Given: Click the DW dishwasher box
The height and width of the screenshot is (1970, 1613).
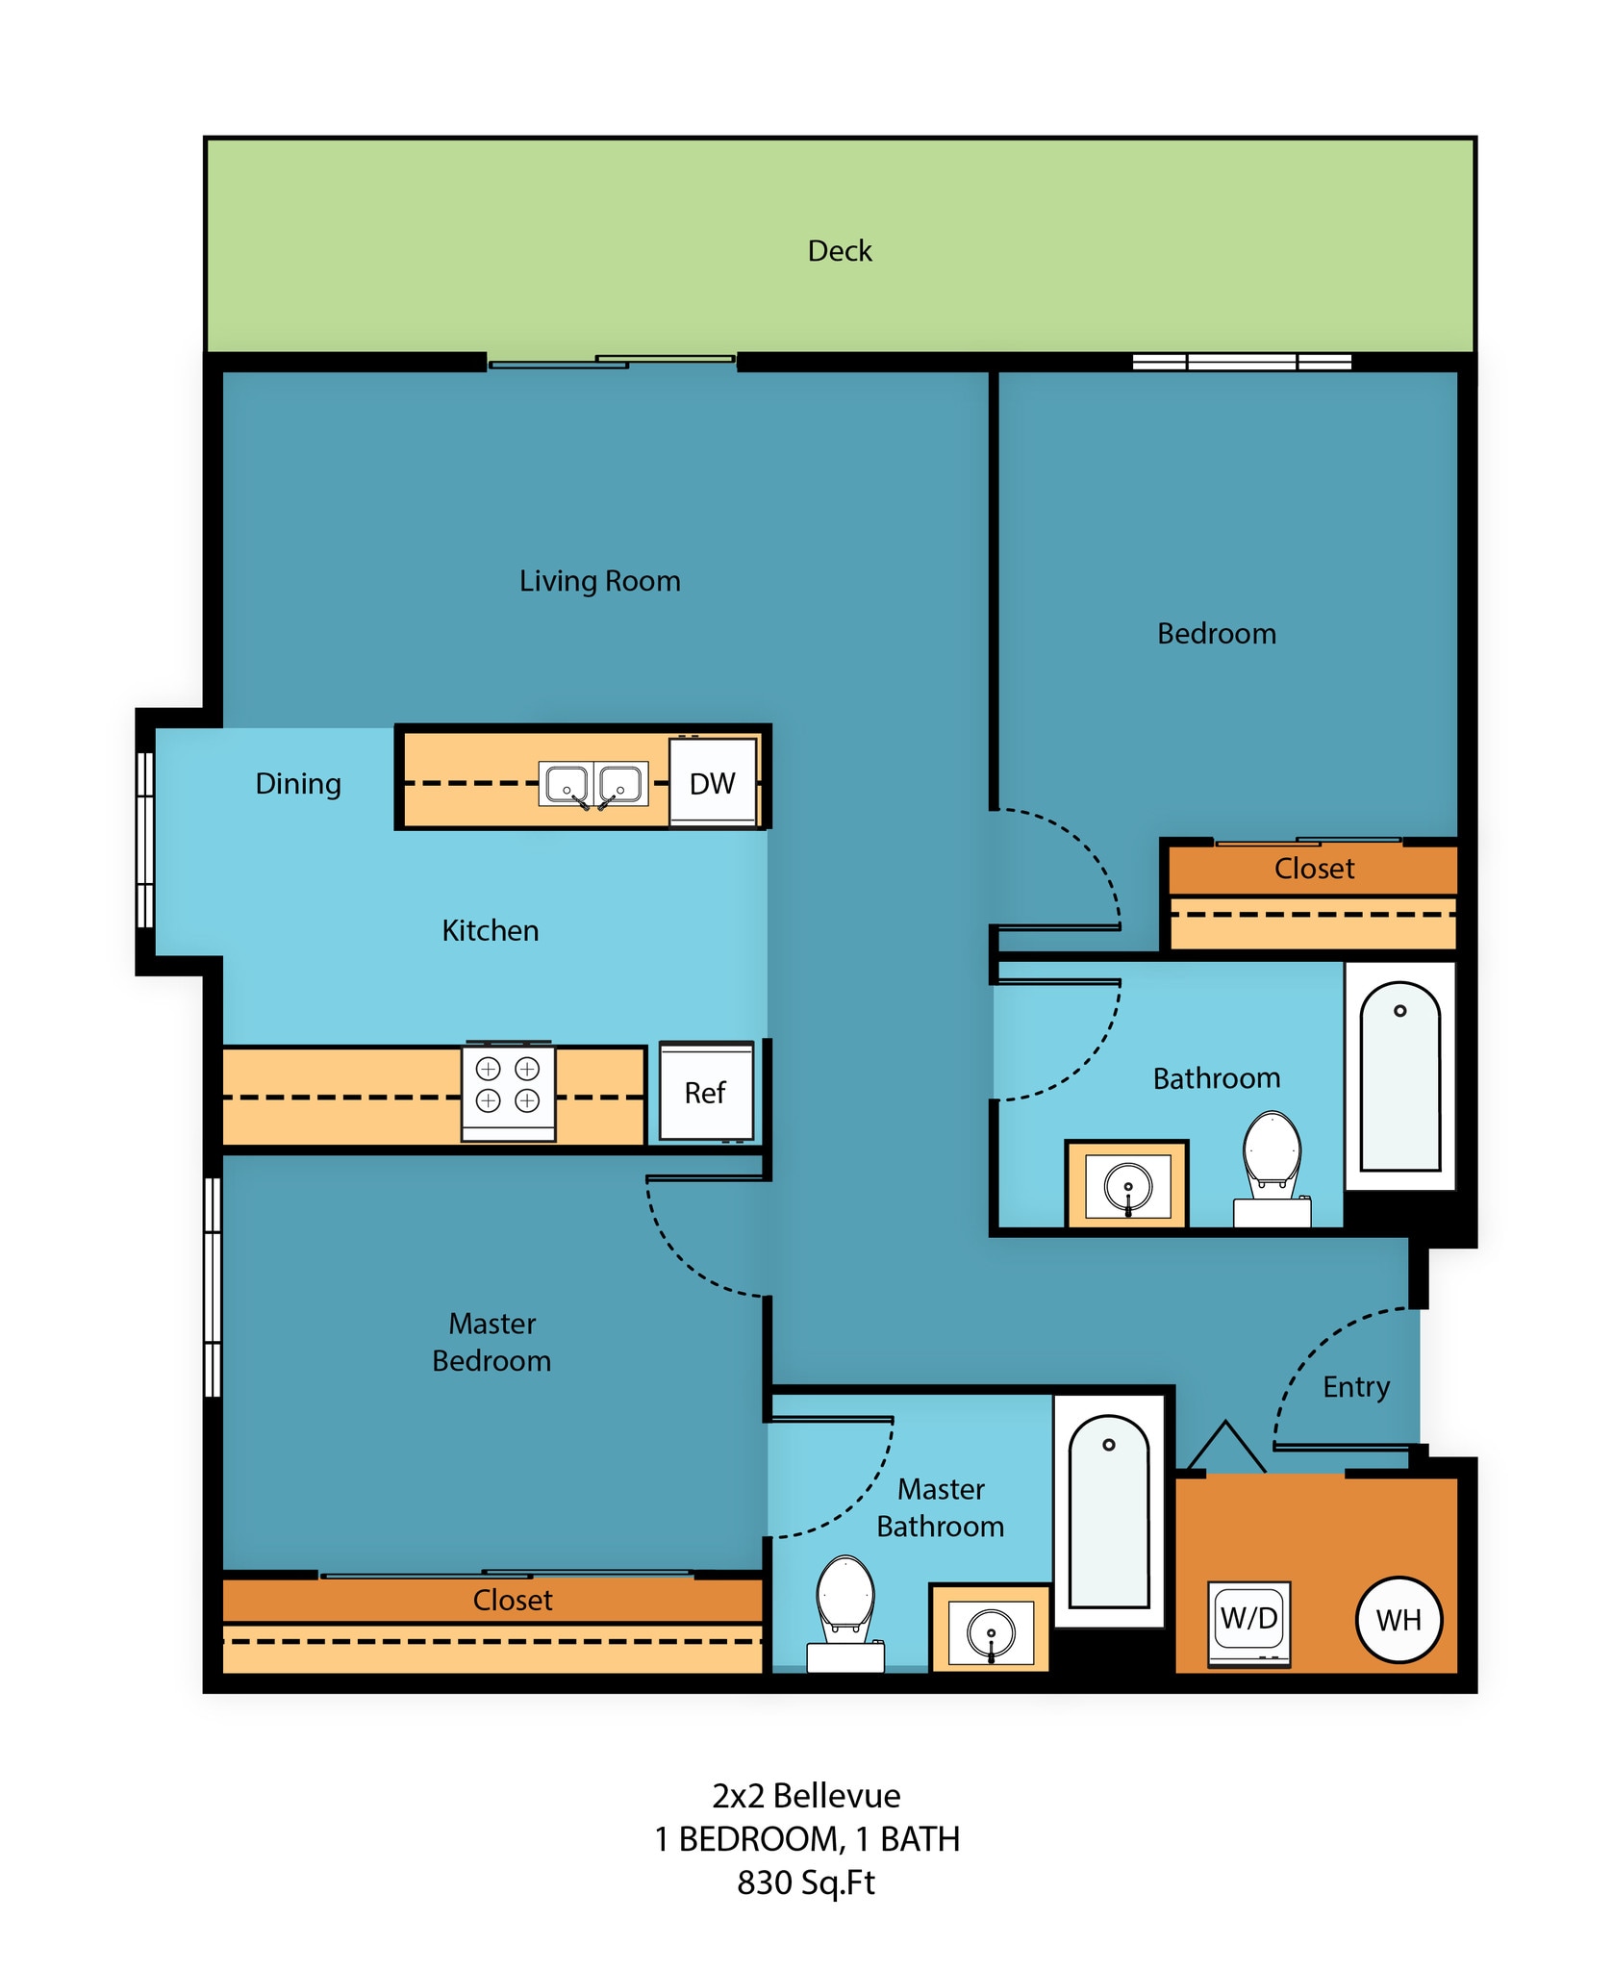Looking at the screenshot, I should [x=713, y=782].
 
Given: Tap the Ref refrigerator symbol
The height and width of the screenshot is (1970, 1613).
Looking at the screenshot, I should [x=706, y=1092].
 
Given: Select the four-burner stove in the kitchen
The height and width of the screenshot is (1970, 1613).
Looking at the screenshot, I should [x=508, y=1091].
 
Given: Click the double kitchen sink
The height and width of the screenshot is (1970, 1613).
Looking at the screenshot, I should [x=593, y=784].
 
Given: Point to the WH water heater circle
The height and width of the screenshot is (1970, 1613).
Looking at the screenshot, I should [x=1399, y=1620].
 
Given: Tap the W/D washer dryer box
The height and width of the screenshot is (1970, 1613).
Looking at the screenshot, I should [x=1248, y=1622].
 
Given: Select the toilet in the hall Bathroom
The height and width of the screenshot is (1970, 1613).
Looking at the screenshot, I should [x=1272, y=1164].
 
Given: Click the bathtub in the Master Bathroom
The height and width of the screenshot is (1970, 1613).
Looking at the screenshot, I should [x=1109, y=1513].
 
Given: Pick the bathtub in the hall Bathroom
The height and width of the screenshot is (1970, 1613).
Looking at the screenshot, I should [x=1399, y=1077].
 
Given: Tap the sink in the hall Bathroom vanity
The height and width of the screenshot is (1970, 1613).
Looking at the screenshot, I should [x=1127, y=1185].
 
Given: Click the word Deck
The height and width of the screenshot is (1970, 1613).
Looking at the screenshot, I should [x=840, y=251].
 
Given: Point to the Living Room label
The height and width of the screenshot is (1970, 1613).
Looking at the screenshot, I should [x=599, y=581].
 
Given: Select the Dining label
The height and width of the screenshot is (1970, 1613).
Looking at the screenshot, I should [x=298, y=783].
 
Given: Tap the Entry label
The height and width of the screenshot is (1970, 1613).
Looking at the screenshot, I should [x=1355, y=1386].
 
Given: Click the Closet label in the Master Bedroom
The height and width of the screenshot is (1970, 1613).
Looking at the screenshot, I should [x=513, y=1600].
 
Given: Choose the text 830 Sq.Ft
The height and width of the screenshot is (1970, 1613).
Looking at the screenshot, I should [x=806, y=1882].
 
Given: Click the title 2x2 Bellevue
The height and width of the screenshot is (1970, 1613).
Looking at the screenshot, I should [x=806, y=1796].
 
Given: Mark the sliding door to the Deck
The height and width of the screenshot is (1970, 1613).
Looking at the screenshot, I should [x=613, y=362].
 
